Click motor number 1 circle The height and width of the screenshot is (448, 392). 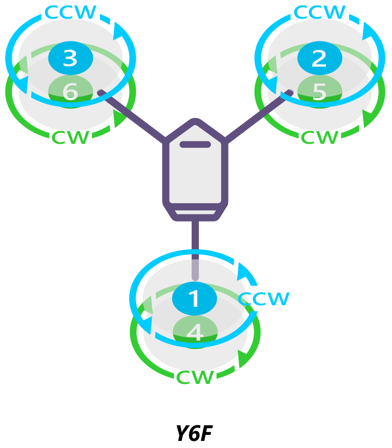coord(194,299)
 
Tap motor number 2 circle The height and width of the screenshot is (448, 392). coord(319,59)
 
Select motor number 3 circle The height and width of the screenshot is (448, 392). coord(70,59)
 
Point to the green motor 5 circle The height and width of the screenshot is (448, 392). coord(319,91)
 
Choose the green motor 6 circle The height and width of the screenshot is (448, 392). coord(70,91)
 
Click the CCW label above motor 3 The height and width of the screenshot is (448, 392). coord(70,12)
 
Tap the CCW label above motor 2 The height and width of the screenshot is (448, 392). coord(319,12)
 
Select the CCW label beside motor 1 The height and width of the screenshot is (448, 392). coord(264,299)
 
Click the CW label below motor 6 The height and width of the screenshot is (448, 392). coord(71,137)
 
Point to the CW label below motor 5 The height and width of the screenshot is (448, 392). coord(319,137)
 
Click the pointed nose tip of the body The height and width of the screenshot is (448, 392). coord(195,121)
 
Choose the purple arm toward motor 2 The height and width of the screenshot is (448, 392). coord(257,115)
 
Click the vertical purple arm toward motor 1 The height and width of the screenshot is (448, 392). coord(195,242)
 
